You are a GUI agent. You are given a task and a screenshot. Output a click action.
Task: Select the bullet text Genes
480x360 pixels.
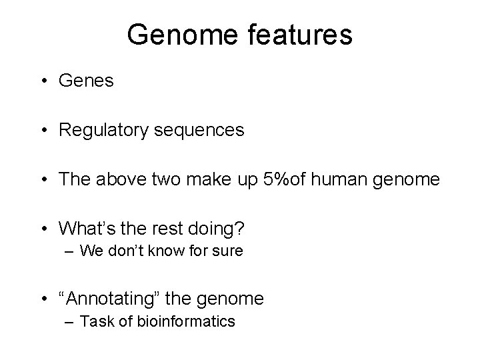tap(87, 81)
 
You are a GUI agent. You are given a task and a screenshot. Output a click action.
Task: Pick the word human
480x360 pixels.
tap(351, 179)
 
